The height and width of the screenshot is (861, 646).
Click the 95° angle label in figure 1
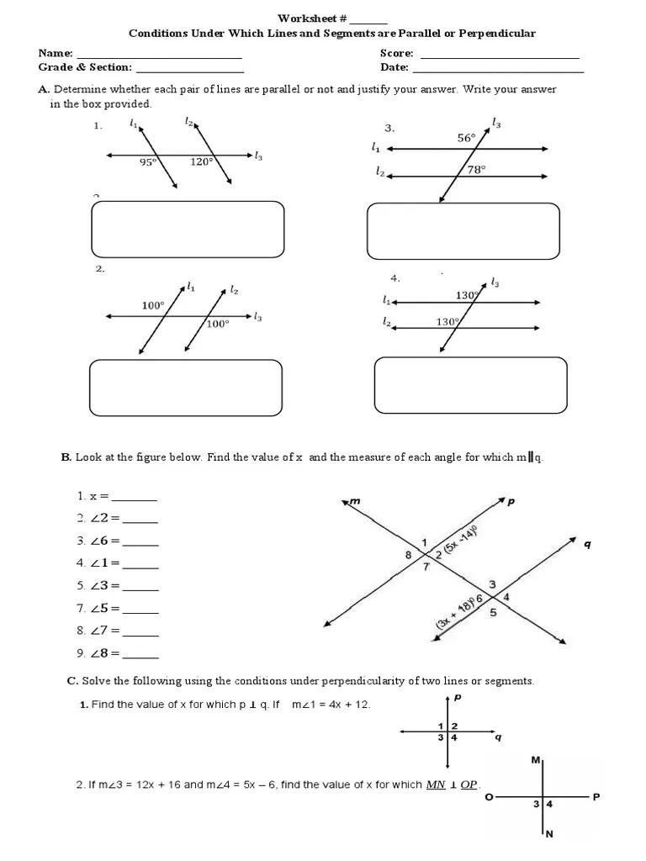pyautogui.click(x=149, y=163)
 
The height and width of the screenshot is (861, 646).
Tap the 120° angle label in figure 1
pyautogui.click(x=201, y=162)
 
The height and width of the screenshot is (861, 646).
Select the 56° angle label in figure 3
pyautogui.click(x=467, y=139)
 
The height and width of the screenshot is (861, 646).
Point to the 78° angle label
pyautogui.click(x=477, y=169)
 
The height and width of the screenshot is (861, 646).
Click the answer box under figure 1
pyautogui.click(x=188, y=230)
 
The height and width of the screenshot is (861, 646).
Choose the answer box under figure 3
pyautogui.click(x=463, y=231)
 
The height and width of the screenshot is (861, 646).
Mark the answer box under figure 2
pyautogui.click(x=186, y=388)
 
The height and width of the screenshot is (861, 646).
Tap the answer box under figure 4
pyautogui.click(x=468, y=386)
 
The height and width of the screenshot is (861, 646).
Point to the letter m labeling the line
pyautogui.click(x=355, y=502)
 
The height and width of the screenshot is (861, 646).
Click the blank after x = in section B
pyautogui.click(x=134, y=497)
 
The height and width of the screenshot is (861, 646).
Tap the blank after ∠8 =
pyautogui.click(x=140, y=653)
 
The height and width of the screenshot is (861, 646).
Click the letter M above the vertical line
pyautogui.click(x=535, y=761)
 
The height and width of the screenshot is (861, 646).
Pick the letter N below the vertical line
pyautogui.click(x=548, y=835)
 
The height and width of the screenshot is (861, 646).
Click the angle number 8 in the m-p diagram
pyautogui.click(x=410, y=555)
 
